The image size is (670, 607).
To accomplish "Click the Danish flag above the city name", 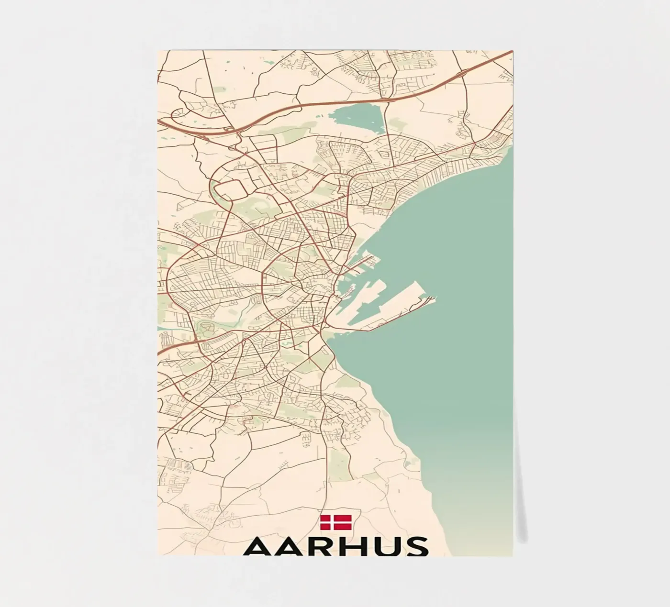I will [x=336, y=522].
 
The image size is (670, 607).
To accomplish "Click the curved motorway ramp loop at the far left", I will [x=178, y=114].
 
